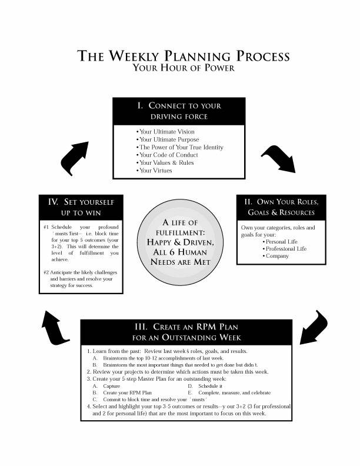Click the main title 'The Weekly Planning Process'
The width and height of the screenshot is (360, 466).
tap(184, 56)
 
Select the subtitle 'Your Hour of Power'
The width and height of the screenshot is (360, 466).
tap(184, 69)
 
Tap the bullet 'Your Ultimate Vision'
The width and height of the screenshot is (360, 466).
tap(165, 132)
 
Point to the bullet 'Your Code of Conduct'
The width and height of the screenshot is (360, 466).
tap(167, 155)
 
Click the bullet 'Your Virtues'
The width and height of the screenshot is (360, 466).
tap(154, 170)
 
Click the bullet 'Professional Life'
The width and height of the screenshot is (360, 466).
tap(287, 249)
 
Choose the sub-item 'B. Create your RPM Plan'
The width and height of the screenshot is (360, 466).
tap(124, 392)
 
